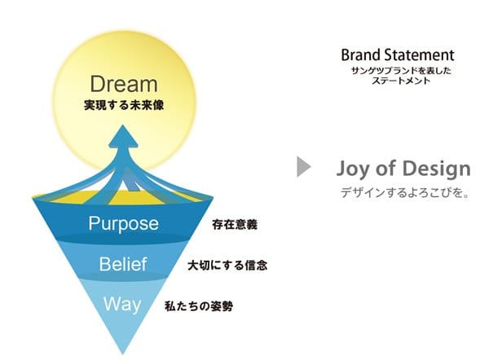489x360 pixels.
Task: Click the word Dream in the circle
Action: pyautogui.click(x=124, y=84)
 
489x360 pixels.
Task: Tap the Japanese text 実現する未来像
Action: pyautogui.click(x=124, y=105)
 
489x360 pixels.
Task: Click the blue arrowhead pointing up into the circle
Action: pyautogui.click(x=123, y=136)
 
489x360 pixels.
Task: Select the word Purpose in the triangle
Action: pyautogui.click(x=124, y=224)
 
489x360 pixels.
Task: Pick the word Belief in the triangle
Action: pyautogui.click(x=123, y=265)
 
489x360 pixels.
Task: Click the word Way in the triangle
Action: pyautogui.click(x=122, y=305)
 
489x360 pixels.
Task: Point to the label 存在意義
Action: pyautogui.click(x=235, y=225)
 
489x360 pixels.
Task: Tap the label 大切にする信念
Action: pyautogui.click(x=227, y=266)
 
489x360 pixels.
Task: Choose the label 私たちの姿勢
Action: pyautogui.click(x=199, y=306)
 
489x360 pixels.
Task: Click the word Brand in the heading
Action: pyautogui.click(x=361, y=55)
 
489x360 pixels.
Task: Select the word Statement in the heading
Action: pyautogui.click(x=419, y=55)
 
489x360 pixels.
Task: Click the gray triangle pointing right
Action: pyautogui.click(x=304, y=167)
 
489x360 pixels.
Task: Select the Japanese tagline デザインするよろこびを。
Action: pyautogui.click(x=405, y=193)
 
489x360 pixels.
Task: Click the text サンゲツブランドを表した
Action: pyautogui.click(x=401, y=71)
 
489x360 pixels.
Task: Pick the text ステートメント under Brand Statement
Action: pyautogui.click(x=401, y=81)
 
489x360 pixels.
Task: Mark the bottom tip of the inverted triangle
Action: pyautogui.click(x=122, y=354)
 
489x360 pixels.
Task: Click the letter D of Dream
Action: pyautogui.click(x=97, y=84)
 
